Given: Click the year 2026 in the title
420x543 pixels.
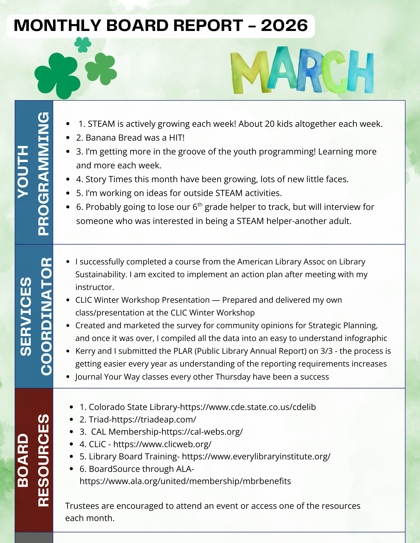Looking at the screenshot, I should [x=284, y=26].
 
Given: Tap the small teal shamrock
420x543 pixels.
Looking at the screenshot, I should [x=83, y=44].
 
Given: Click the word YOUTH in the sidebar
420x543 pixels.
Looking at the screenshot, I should [x=23, y=172].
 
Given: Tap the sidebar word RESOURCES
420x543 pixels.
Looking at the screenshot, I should [x=43, y=460].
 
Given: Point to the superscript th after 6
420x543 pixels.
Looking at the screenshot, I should [x=200, y=204].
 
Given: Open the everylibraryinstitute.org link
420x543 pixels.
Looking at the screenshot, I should [x=256, y=456].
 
